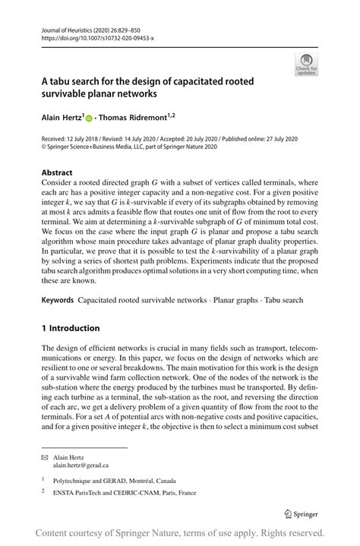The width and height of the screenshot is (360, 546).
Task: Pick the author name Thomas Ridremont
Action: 134,118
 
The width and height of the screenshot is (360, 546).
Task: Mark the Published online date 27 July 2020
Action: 279,140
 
